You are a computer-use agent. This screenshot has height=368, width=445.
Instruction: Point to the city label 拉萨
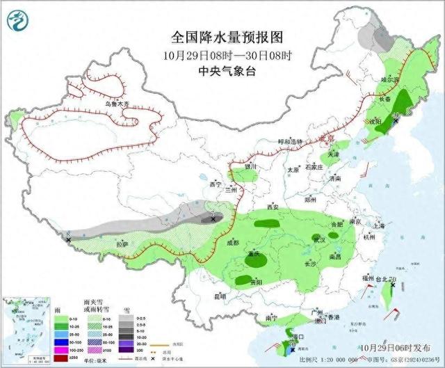point(123,244)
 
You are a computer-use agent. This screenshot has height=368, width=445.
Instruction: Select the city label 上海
point(379,225)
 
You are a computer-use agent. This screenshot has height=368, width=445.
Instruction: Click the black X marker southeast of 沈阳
point(396,121)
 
